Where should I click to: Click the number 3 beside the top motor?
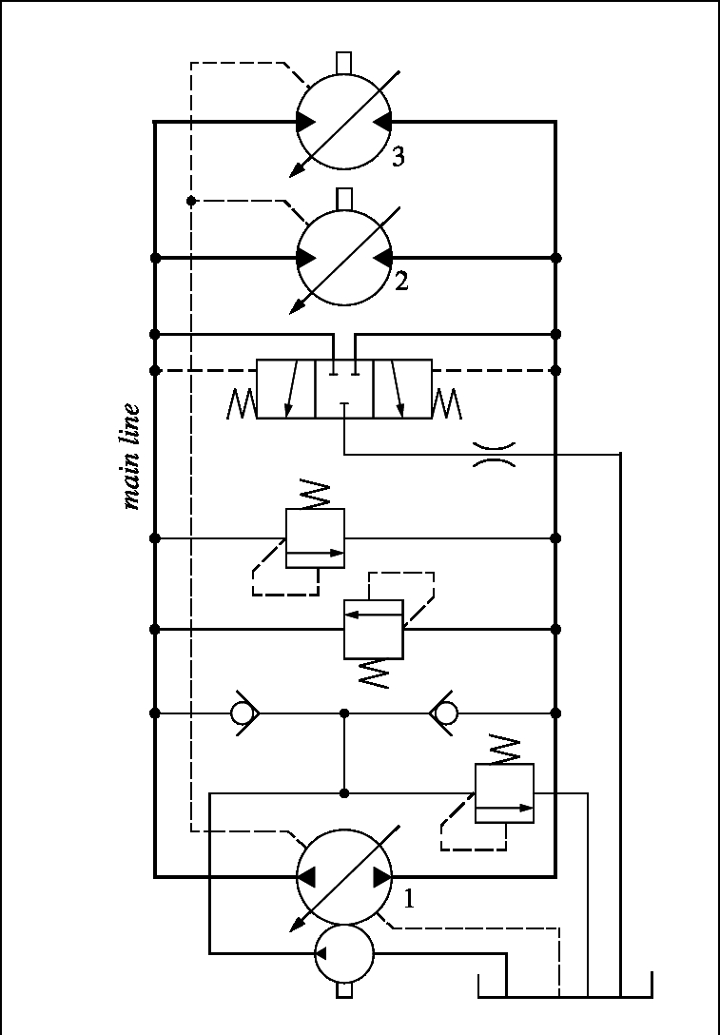pos(398,156)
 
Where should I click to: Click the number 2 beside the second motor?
pos(401,282)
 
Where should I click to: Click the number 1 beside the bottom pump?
pos(408,899)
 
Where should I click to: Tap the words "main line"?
pos(132,457)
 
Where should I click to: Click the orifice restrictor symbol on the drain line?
pos(495,454)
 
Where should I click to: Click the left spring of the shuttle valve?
pos(241,404)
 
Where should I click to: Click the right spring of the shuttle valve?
pos(447,404)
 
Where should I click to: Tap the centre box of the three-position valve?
pos(344,389)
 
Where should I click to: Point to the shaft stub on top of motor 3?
pos(344,63)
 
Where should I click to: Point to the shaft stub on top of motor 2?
pos(344,199)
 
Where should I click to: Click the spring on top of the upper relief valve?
pos(314,495)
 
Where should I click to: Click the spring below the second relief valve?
pos(374,674)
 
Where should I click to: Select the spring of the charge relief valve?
pos(504,749)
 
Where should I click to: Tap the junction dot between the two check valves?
pos(344,713)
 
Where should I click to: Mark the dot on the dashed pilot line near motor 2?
pos(191,201)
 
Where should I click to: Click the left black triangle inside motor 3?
pos(305,122)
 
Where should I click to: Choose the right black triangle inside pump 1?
pos(382,877)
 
